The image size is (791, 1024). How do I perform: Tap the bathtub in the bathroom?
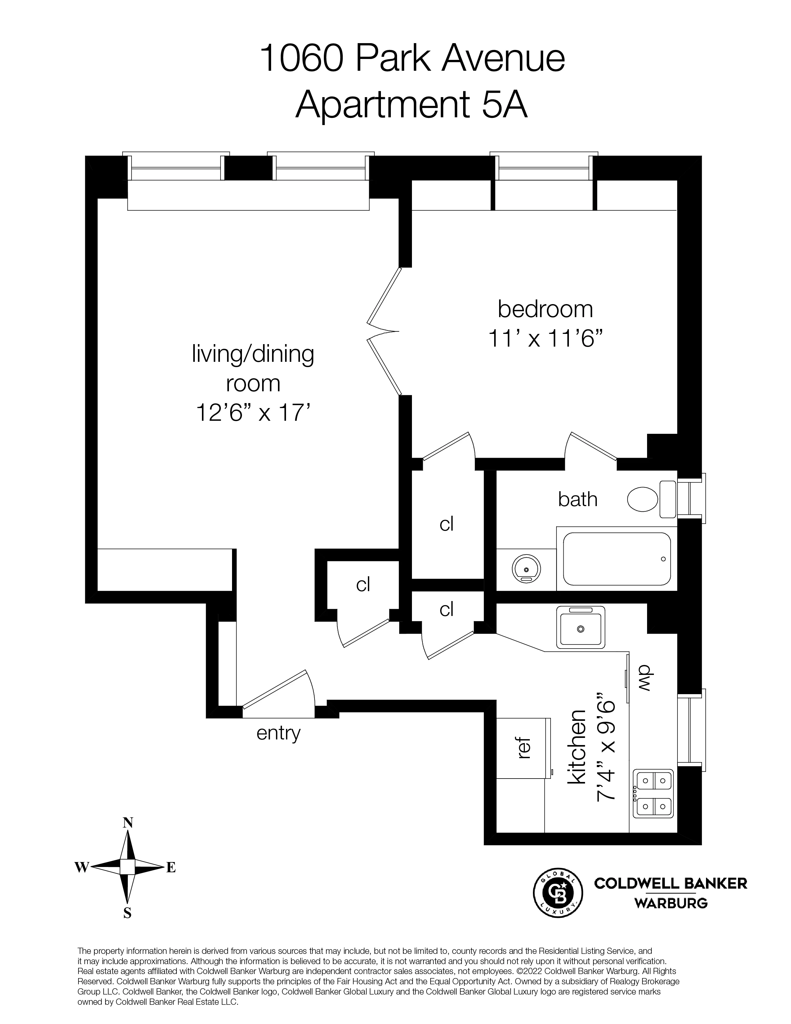616,559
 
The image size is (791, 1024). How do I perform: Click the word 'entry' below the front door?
278,733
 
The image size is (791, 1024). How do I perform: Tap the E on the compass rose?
171,868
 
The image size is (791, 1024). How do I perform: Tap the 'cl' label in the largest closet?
447,524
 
